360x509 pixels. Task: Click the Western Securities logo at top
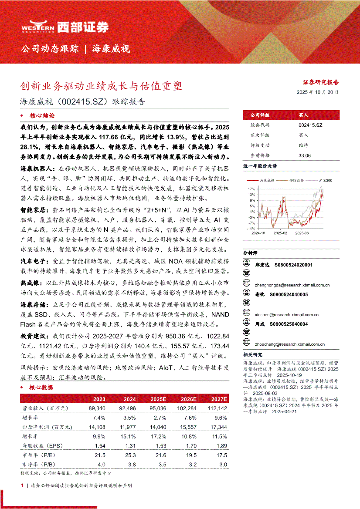pyautogui.click(x=65, y=27)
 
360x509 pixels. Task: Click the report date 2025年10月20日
pyautogui.click(x=318, y=92)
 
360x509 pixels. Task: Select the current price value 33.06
pyautogui.click(x=305, y=155)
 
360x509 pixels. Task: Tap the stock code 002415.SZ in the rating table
pyautogui.click(x=310, y=125)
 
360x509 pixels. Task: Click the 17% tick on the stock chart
pyautogui.click(x=251, y=189)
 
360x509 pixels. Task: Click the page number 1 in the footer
pyautogui.click(x=22, y=485)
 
